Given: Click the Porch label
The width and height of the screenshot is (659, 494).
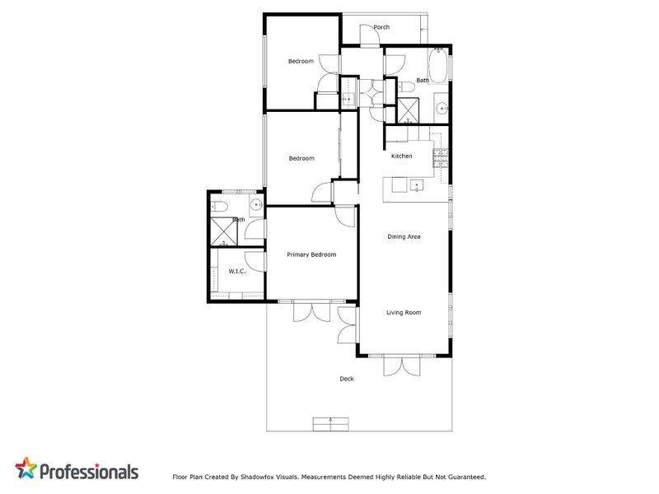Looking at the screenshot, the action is tap(381, 27).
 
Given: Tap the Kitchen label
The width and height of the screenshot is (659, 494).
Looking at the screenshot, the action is tap(402, 156).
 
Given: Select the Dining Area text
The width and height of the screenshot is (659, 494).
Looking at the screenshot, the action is tap(404, 237).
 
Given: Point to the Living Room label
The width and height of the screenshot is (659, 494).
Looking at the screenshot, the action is tap(404, 313).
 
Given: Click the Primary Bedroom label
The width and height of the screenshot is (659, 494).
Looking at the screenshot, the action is tap(311, 254).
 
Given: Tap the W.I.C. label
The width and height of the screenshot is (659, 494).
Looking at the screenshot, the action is tap(237, 272).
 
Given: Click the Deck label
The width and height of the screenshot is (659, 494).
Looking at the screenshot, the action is tap(347, 379).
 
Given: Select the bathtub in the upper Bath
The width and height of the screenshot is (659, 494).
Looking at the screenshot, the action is tap(438, 66).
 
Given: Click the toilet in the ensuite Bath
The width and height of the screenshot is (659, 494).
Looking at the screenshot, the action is tap(219, 207).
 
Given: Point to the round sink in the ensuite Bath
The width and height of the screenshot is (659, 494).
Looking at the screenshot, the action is tap(256, 205).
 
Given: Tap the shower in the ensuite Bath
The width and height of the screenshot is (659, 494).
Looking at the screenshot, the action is tap(223, 231).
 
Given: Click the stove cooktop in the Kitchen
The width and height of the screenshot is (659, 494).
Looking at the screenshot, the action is tap(441, 158).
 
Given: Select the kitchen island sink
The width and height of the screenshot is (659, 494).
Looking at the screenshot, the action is tap(417, 186).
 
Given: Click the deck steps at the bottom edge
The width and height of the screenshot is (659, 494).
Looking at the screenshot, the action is tap(331, 424).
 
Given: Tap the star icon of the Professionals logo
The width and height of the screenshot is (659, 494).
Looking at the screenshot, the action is tap(26, 468).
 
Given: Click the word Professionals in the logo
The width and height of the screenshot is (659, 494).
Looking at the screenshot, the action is tap(89, 472).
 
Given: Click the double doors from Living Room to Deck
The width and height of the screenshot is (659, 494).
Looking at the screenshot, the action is tap(402, 366).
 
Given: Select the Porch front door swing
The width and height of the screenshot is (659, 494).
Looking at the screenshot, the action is tap(370, 35).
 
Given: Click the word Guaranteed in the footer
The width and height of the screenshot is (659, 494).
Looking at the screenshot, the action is tap(467, 478).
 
